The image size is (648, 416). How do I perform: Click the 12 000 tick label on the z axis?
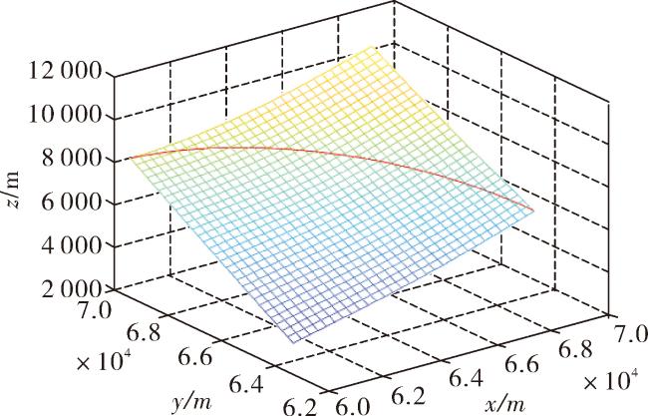click(64, 72)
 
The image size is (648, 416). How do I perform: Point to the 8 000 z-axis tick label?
click(71, 159)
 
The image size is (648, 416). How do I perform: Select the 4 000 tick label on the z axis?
click(71, 246)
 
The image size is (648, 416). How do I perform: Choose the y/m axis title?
click(190, 401)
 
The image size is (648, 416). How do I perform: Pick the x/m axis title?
click(505, 402)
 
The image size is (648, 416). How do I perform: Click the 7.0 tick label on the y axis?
click(96, 310)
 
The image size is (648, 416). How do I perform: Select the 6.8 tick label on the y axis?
click(143, 333)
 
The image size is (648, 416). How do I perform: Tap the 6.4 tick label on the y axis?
click(246, 385)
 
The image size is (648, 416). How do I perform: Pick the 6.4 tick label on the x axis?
click(466, 377)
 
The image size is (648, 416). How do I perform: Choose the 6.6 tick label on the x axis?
click(522, 364)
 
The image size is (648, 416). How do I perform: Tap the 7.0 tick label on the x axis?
click(631, 333)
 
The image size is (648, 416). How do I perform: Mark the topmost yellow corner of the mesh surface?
click(371, 46)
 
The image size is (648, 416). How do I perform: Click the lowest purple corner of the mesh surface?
click(293, 343)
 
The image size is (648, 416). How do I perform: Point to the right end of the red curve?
click(534, 211)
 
